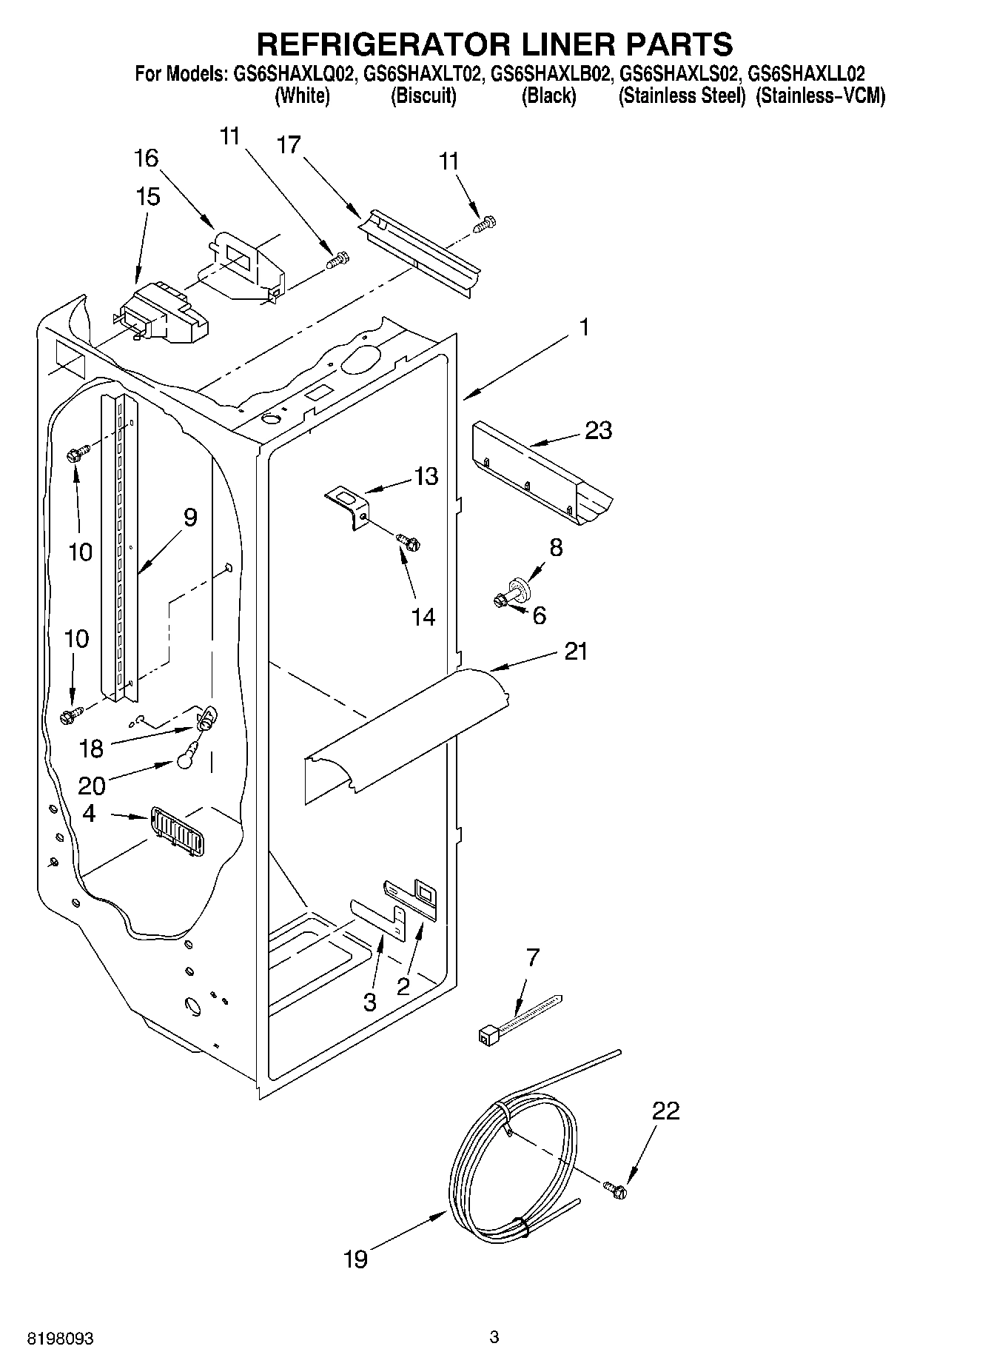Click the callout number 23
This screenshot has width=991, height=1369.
[598, 430]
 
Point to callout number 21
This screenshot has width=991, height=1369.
[575, 652]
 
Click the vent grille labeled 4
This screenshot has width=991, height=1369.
[178, 831]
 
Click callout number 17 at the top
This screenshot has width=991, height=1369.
[289, 145]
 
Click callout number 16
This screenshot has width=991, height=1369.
[146, 158]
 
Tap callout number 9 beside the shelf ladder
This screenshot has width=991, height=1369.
[189, 518]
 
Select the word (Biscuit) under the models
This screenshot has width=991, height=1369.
[423, 96]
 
